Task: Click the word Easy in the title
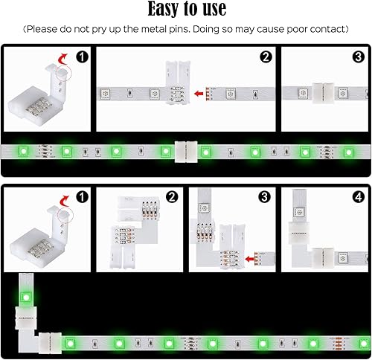tap(149, 10)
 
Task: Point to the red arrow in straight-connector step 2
tap(199, 94)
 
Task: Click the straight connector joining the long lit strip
tap(185, 151)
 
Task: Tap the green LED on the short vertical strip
tap(24, 298)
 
